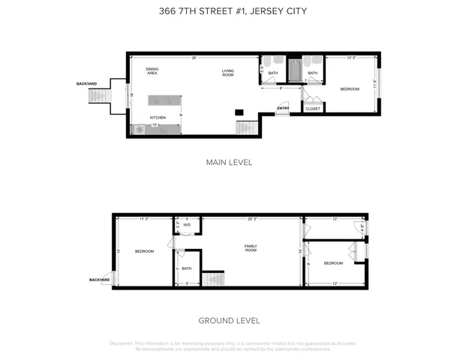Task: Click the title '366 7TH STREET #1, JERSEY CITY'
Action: click(233, 10)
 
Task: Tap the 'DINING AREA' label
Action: click(152, 71)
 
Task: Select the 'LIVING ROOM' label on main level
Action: click(228, 73)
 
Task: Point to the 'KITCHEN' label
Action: click(157, 118)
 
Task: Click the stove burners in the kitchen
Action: click(140, 130)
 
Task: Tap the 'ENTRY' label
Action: click(282, 108)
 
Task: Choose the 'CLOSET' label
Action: click(313, 109)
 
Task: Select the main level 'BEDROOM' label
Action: click(350, 89)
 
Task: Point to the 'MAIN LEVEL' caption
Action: click(229, 162)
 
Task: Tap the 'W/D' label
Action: click(187, 224)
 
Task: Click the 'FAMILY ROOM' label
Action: click(251, 247)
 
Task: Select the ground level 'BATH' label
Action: click(187, 268)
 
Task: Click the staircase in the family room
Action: click(213, 279)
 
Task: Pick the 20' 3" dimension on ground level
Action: click(251, 219)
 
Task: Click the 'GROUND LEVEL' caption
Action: click(229, 320)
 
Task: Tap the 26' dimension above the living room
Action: click(194, 58)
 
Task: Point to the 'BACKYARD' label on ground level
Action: click(99, 280)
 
